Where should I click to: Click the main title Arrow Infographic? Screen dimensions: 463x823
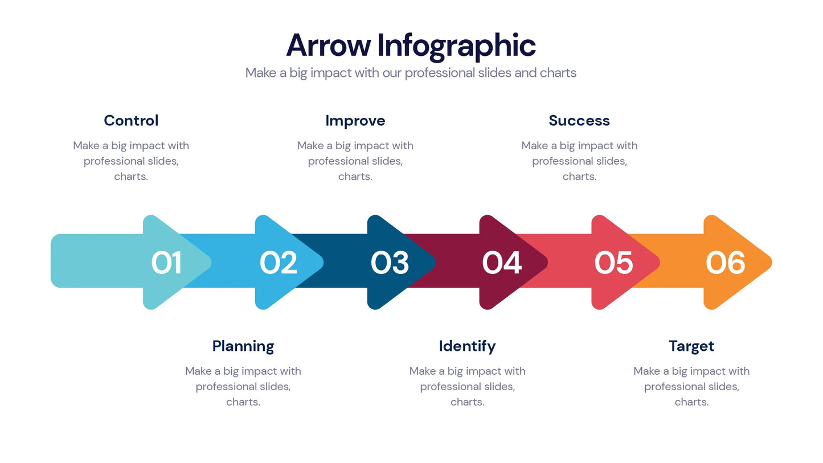pos(411,45)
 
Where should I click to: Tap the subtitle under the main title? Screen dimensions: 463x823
pos(411,73)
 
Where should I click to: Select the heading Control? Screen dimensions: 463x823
pos(131,121)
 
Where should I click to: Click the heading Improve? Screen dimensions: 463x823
pos(355,121)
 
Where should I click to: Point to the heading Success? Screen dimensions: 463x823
pos(579,121)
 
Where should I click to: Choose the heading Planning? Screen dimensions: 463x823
pos(243,346)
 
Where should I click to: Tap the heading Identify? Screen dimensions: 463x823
pos(467,346)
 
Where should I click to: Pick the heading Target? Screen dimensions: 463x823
pos(691,346)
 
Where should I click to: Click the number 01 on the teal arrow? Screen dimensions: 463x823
pos(166,263)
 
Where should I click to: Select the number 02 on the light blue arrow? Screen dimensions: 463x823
pos(279,263)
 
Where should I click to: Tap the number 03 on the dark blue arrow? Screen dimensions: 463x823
pos(390,263)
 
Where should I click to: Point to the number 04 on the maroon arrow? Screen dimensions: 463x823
pos(502,263)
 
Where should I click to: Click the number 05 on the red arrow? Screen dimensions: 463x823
pos(613,263)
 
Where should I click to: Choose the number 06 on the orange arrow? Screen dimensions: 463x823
pos(725,263)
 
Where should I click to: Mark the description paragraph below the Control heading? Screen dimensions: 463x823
pos(131,161)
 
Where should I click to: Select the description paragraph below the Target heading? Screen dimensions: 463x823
pos(691,387)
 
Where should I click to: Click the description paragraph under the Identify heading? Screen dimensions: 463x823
pos(467,387)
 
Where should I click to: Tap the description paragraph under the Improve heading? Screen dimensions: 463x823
pos(355,161)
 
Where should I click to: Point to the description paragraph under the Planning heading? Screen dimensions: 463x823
pos(243,387)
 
